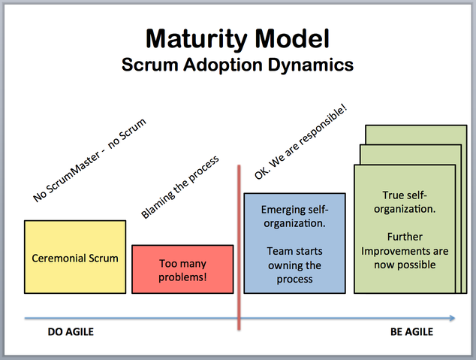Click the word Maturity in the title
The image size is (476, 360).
pyautogui.click(x=197, y=40)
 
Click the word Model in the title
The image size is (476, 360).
pyautogui.click(x=292, y=38)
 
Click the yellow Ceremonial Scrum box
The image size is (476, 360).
pyautogui.click(x=75, y=257)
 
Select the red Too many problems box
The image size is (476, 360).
pyautogui.click(x=182, y=270)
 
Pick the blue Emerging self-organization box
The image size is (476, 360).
pyautogui.click(x=294, y=244)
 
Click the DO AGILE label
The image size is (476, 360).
pyautogui.click(x=71, y=331)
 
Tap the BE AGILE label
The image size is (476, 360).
pyautogui.click(x=411, y=331)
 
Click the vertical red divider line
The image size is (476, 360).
pyautogui.click(x=239, y=247)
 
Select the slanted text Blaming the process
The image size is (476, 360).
pyautogui.click(x=179, y=187)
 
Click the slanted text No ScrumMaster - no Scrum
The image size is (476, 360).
pyautogui.click(x=89, y=160)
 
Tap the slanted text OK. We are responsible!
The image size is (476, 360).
pyautogui.click(x=300, y=142)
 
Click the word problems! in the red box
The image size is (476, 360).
pyautogui.click(x=182, y=277)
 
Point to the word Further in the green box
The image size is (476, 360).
pyautogui.click(x=405, y=237)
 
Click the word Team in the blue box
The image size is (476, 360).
pyautogui.click(x=279, y=251)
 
